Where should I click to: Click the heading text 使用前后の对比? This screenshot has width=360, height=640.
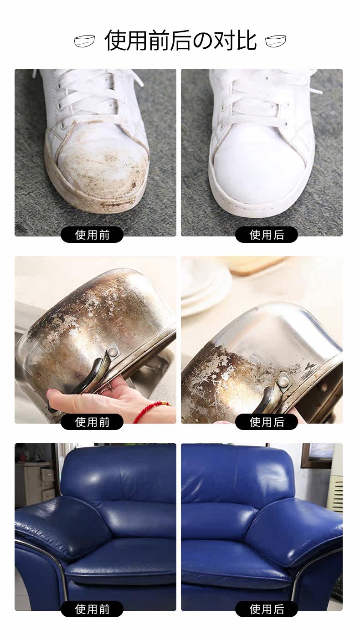180,41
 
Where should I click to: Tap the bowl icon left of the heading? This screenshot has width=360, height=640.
85,41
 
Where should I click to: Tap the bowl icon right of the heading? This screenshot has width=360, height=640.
276,41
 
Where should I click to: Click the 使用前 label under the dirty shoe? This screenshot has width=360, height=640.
92,235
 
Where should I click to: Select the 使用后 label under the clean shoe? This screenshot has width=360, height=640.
267,235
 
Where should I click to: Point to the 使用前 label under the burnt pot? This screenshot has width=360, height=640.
92,422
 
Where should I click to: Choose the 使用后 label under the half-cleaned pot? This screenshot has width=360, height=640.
267,422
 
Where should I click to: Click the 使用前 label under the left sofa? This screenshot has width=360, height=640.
92,609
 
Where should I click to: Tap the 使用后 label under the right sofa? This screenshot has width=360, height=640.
267,609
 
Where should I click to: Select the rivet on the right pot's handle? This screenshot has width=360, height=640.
284,380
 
